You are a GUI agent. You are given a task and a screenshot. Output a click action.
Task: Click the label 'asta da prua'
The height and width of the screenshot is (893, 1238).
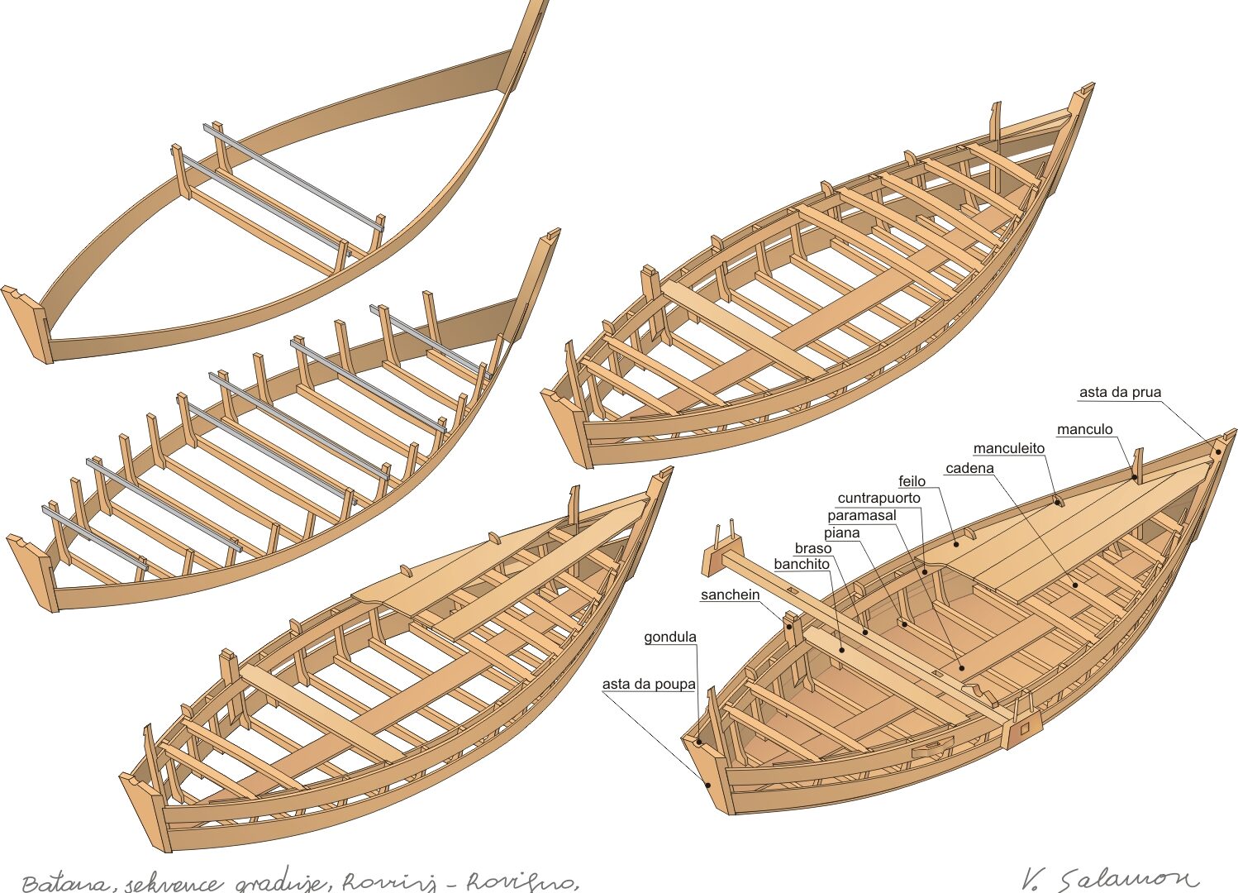click(1120, 393)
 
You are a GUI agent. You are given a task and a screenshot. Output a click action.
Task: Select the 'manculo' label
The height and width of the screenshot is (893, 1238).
click(1084, 430)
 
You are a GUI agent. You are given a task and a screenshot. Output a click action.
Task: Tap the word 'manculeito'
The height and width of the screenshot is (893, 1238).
click(1008, 449)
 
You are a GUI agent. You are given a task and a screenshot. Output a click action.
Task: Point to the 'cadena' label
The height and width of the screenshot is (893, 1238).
click(969, 469)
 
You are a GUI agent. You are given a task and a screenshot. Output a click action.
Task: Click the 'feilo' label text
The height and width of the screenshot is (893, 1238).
click(912, 482)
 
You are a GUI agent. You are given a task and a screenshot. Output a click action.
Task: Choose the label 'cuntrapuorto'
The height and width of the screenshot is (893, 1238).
click(879, 499)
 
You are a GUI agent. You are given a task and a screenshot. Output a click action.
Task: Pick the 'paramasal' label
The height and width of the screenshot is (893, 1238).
click(861, 516)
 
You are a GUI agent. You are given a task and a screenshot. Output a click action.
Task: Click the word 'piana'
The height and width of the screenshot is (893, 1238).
click(841, 533)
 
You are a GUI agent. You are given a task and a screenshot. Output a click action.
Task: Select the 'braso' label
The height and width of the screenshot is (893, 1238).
click(812, 549)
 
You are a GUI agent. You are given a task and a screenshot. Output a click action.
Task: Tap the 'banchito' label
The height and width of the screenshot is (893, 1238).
click(801, 565)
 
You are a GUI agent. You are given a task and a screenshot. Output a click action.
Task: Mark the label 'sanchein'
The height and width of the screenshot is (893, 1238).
click(730, 595)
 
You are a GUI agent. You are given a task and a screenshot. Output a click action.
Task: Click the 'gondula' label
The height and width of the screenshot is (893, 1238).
click(669, 638)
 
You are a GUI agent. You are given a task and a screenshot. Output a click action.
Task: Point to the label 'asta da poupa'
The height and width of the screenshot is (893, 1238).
click(648, 685)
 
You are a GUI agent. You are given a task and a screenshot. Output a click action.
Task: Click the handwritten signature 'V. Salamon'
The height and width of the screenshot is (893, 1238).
click(1107, 878)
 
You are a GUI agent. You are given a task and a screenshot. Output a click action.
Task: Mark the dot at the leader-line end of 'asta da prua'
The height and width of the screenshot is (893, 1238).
click(1218, 451)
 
